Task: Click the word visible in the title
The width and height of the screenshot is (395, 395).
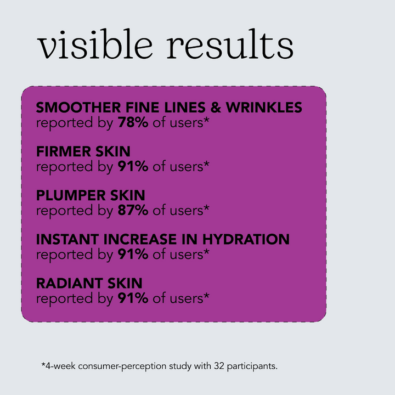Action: [95, 43]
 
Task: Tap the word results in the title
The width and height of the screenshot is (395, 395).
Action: [230, 43]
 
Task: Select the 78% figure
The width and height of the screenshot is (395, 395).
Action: [133, 122]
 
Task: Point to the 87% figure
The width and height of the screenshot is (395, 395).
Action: [133, 210]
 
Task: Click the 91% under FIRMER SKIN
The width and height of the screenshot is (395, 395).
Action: [133, 166]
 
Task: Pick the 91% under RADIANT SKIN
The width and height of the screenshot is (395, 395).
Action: [133, 298]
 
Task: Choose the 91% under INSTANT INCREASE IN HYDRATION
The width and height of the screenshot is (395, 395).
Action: [133, 254]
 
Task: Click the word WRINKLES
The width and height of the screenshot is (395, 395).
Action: [264, 108]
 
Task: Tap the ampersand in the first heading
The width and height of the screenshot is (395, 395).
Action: [216, 108]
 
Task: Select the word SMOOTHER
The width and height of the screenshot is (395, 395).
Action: [78, 108]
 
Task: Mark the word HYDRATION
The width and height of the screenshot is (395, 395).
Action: [246, 239]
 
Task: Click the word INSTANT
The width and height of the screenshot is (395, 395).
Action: [67, 239]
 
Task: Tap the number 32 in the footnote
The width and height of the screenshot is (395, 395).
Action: [219, 366]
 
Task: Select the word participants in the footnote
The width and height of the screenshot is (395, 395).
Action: [252, 366]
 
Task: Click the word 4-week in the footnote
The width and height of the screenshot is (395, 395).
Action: [60, 366]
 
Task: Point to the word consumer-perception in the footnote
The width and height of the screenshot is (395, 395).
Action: [122, 366]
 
